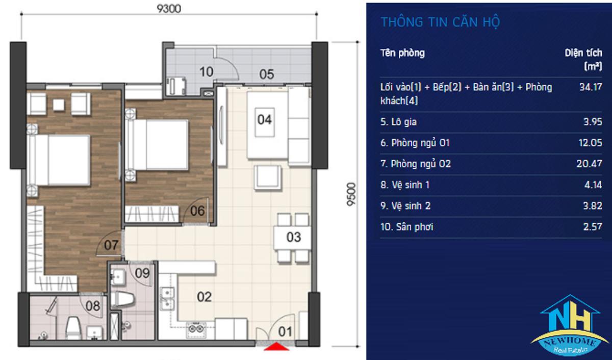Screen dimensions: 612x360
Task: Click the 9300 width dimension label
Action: click(169, 9)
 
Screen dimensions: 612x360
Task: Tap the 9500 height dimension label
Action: click(351, 194)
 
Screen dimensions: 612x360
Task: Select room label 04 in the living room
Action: click(265, 120)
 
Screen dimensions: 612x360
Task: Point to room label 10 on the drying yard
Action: click(206, 72)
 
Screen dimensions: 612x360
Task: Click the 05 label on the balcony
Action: click(267, 74)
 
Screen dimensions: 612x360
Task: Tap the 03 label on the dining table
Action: click(294, 237)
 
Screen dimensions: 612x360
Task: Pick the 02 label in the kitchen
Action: click(205, 297)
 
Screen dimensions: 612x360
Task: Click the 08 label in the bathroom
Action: click(93, 306)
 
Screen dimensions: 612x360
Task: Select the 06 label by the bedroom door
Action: click(197, 211)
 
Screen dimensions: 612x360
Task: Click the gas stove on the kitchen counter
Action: click(196, 329)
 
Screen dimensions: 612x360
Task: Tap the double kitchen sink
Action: click(167, 298)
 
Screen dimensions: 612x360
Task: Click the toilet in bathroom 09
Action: click(122, 299)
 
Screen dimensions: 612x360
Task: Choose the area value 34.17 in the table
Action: click(591, 87)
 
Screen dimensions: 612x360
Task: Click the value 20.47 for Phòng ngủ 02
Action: click(590, 164)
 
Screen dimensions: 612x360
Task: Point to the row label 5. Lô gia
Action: click(399, 122)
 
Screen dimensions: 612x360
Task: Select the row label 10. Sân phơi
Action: click(407, 227)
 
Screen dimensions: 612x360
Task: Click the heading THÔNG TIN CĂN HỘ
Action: click(441, 22)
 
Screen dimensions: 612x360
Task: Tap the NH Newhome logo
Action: click(570, 325)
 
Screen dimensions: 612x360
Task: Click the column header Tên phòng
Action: click(403, 53)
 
